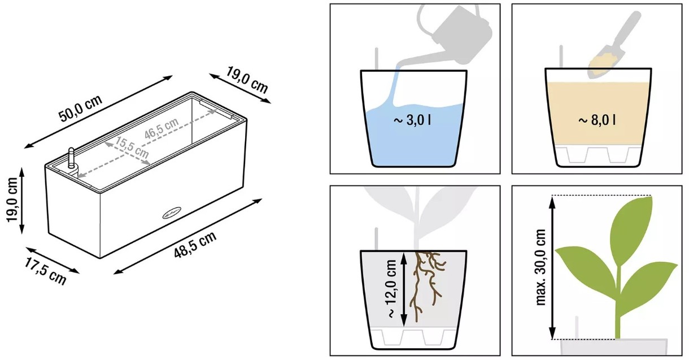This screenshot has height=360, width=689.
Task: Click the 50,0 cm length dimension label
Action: pyautogui.click(x=80, y=109)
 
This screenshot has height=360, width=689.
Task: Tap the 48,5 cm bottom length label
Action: pyautogui.click(x=195, y=245)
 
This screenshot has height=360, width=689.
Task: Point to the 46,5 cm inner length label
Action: pyautogui.click(x=162, y=128)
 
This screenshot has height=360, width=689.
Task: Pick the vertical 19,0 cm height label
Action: pyautogui.click(x=12, y=200)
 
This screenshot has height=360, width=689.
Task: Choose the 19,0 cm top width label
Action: pyautogui.click(x=247, y=80)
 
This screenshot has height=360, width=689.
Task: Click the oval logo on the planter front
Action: pyautogui.click(x=172, y=213)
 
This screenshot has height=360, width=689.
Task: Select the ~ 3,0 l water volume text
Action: pyautogui.click(x=412, y=120)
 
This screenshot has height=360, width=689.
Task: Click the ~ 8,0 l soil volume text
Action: pyautogui.click(x=597, y=120)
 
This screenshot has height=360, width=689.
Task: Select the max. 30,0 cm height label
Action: pyautogui.click(x=540, y=267)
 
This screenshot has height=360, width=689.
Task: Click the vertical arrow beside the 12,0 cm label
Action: pyautogui.click(x=404, y=289)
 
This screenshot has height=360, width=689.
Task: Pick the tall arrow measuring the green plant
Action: pyautogui.click(x=552, y=268)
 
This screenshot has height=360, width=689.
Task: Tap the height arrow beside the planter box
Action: pyautogui.click(x=22, y=201)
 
